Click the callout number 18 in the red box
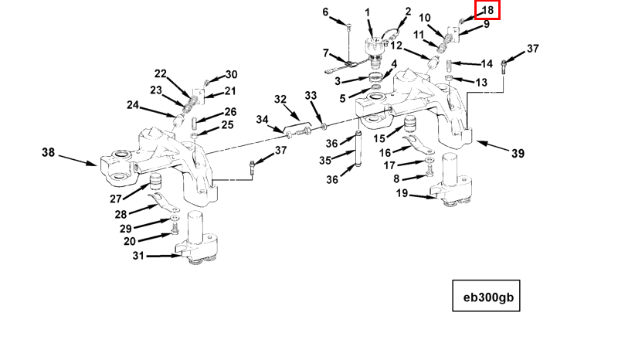coord(487,10)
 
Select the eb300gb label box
coord(486,294)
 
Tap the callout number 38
coord(49,153)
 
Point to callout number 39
coord(517,154)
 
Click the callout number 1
coord(368,12)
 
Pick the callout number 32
coord(280,100)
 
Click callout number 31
coord(139,256)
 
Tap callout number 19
coord(402,193)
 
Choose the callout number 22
coord(161,74)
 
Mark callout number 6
coord(325,12)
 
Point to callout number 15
coord(379,138)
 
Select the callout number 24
coord(133,105)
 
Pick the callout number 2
coord(407,12)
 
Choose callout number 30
coord(232,75)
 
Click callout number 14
coord(487,63)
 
